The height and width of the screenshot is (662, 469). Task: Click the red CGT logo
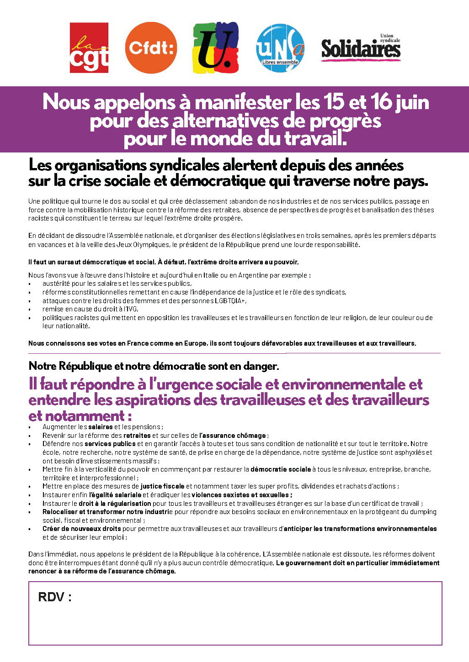pos(89,48)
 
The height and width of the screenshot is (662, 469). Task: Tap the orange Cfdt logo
pos(151,48)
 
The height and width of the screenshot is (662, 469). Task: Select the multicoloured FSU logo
pos(216,48)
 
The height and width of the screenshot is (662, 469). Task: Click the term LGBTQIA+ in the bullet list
pos(230,301)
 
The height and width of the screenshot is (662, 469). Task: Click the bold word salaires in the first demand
pos(100,427)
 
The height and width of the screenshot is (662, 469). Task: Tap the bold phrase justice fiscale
pos(162,486)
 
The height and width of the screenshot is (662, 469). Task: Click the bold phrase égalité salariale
pos(116,495)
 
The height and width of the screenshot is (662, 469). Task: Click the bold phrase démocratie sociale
pos(281,469)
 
